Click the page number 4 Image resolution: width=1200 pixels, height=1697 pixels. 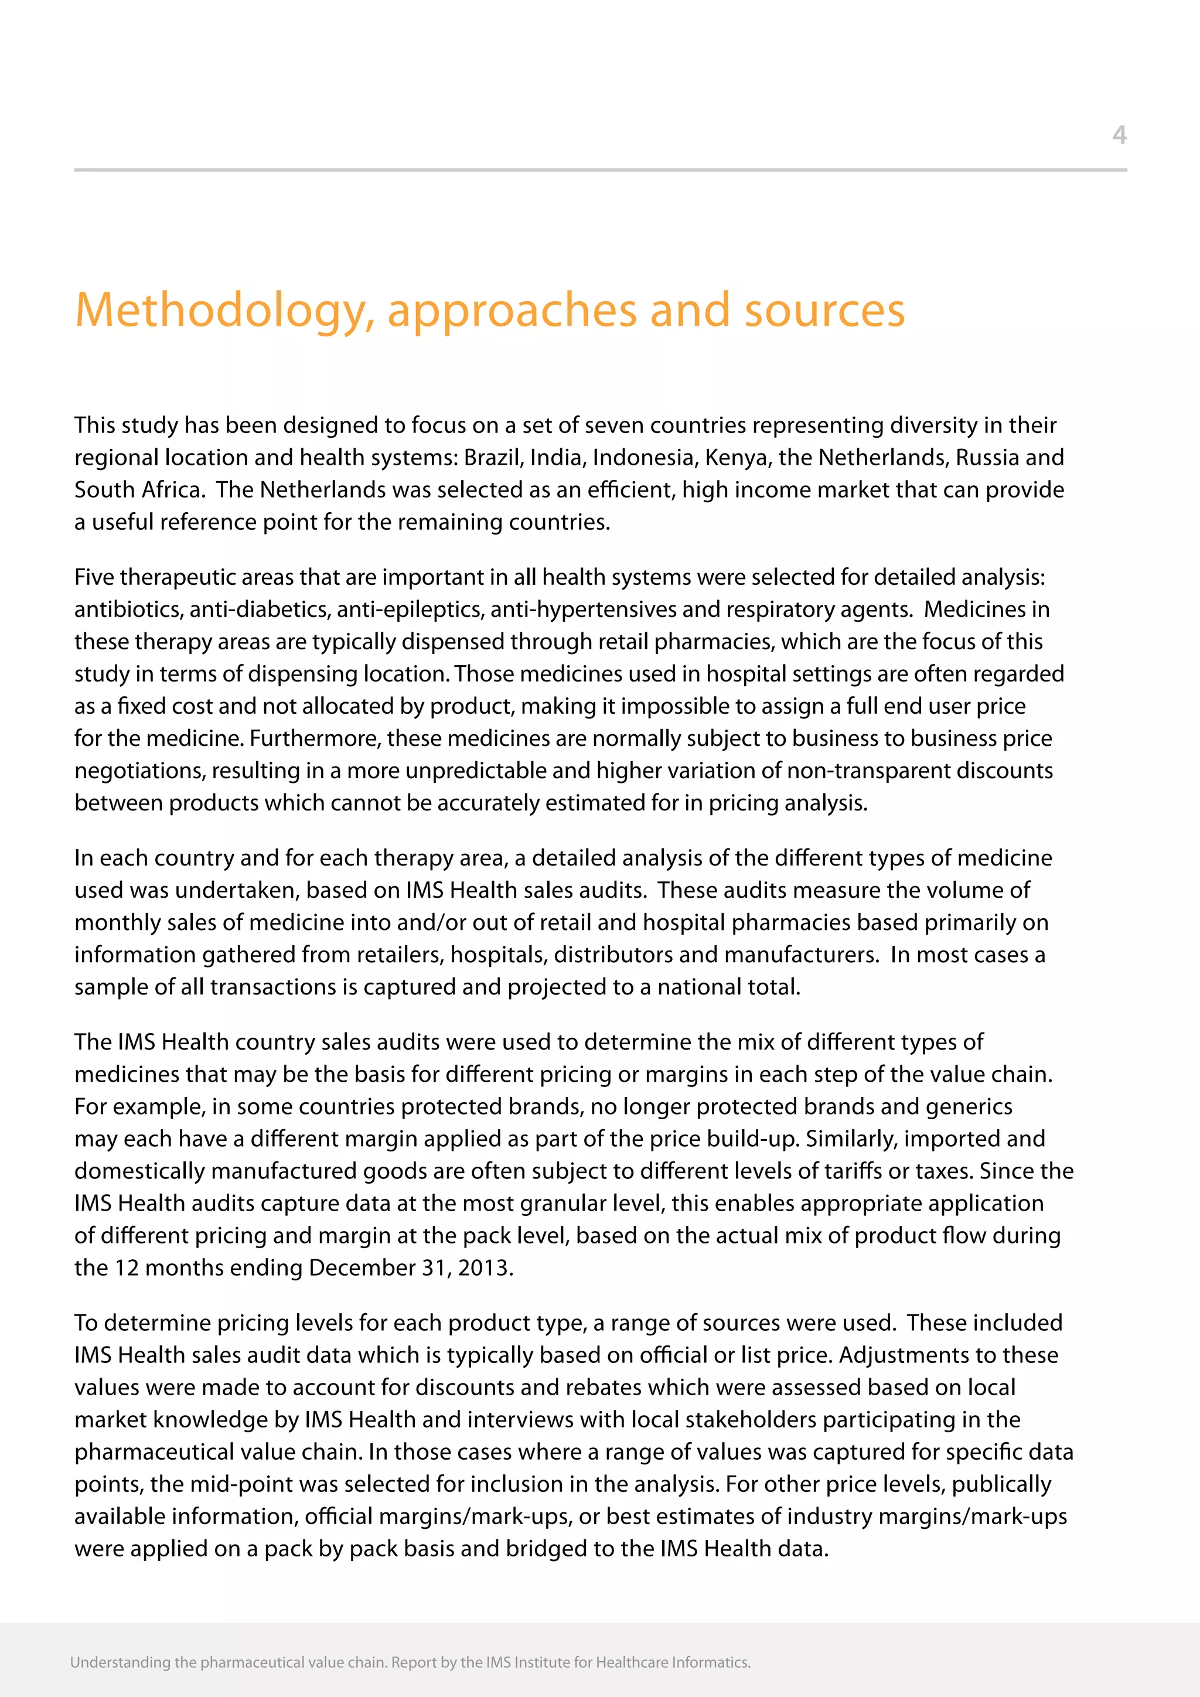point(1119,135)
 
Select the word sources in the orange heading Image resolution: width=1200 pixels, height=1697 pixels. point(824,311)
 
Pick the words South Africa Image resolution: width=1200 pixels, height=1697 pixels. point(138,490)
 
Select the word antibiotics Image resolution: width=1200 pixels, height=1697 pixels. point(128,610)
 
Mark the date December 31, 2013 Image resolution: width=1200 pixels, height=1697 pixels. point(410,1268)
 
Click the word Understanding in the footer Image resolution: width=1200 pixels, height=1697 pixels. point(120,1662)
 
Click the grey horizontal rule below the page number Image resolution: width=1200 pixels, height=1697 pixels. point(600,170)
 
